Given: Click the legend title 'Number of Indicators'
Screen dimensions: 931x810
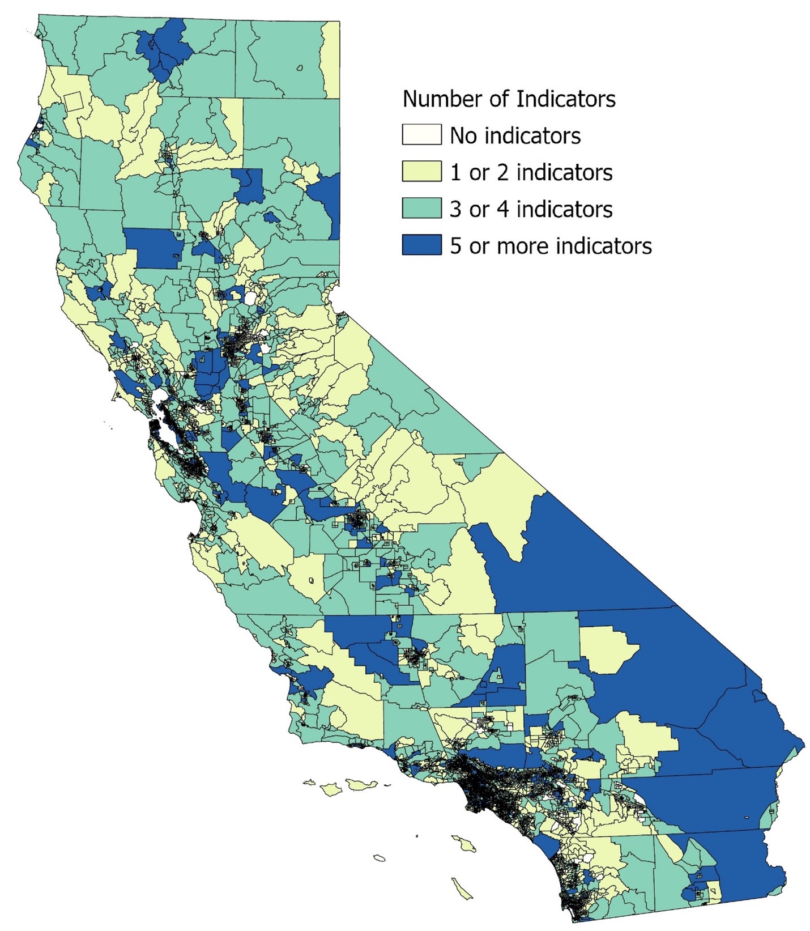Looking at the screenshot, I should [x=508, y=99].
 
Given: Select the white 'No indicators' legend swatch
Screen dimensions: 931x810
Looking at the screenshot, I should [x=421, y=135].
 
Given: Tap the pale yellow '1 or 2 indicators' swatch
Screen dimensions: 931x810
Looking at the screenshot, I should [x=421, y=172].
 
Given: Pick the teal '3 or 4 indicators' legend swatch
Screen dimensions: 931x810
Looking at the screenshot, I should [x=421, y=209].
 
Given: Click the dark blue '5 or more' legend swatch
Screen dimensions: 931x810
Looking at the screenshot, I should [x=421, y=245].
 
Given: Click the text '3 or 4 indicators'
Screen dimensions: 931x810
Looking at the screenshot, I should [x=531, y=209].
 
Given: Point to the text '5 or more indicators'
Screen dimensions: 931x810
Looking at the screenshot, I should [x=551, y=246].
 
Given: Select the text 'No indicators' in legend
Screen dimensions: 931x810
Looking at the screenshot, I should [x=515, y=136].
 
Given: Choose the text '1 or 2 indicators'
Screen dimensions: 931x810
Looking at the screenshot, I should [x=531, y=172].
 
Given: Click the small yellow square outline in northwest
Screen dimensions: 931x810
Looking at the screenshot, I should [x=74, y=102].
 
